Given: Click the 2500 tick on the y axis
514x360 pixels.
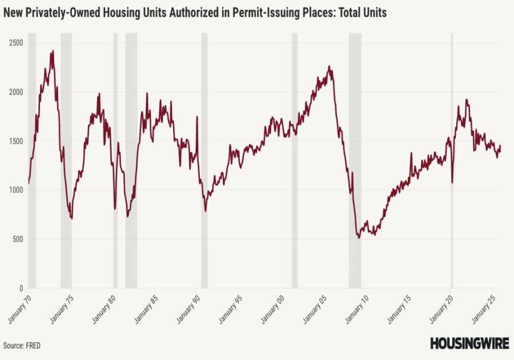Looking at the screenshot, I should tap(15, 43).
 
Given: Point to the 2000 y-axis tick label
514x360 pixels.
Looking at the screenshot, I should tap(15, 92).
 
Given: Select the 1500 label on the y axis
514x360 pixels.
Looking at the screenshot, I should tap(15, 141).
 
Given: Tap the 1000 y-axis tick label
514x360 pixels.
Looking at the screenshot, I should tap(15, 190).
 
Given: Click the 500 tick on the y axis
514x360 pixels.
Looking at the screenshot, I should tap(17, 239).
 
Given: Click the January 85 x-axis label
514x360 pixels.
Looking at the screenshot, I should tap(145, 309).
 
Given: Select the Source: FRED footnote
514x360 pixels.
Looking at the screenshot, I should tap(22, 346).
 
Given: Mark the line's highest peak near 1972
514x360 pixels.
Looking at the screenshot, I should tap(53, 51).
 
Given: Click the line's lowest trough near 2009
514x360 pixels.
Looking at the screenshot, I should tap(359, 237).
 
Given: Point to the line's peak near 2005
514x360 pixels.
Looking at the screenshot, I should tap(329, 66).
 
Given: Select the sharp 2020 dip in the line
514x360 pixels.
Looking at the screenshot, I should tap(452, 182).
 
